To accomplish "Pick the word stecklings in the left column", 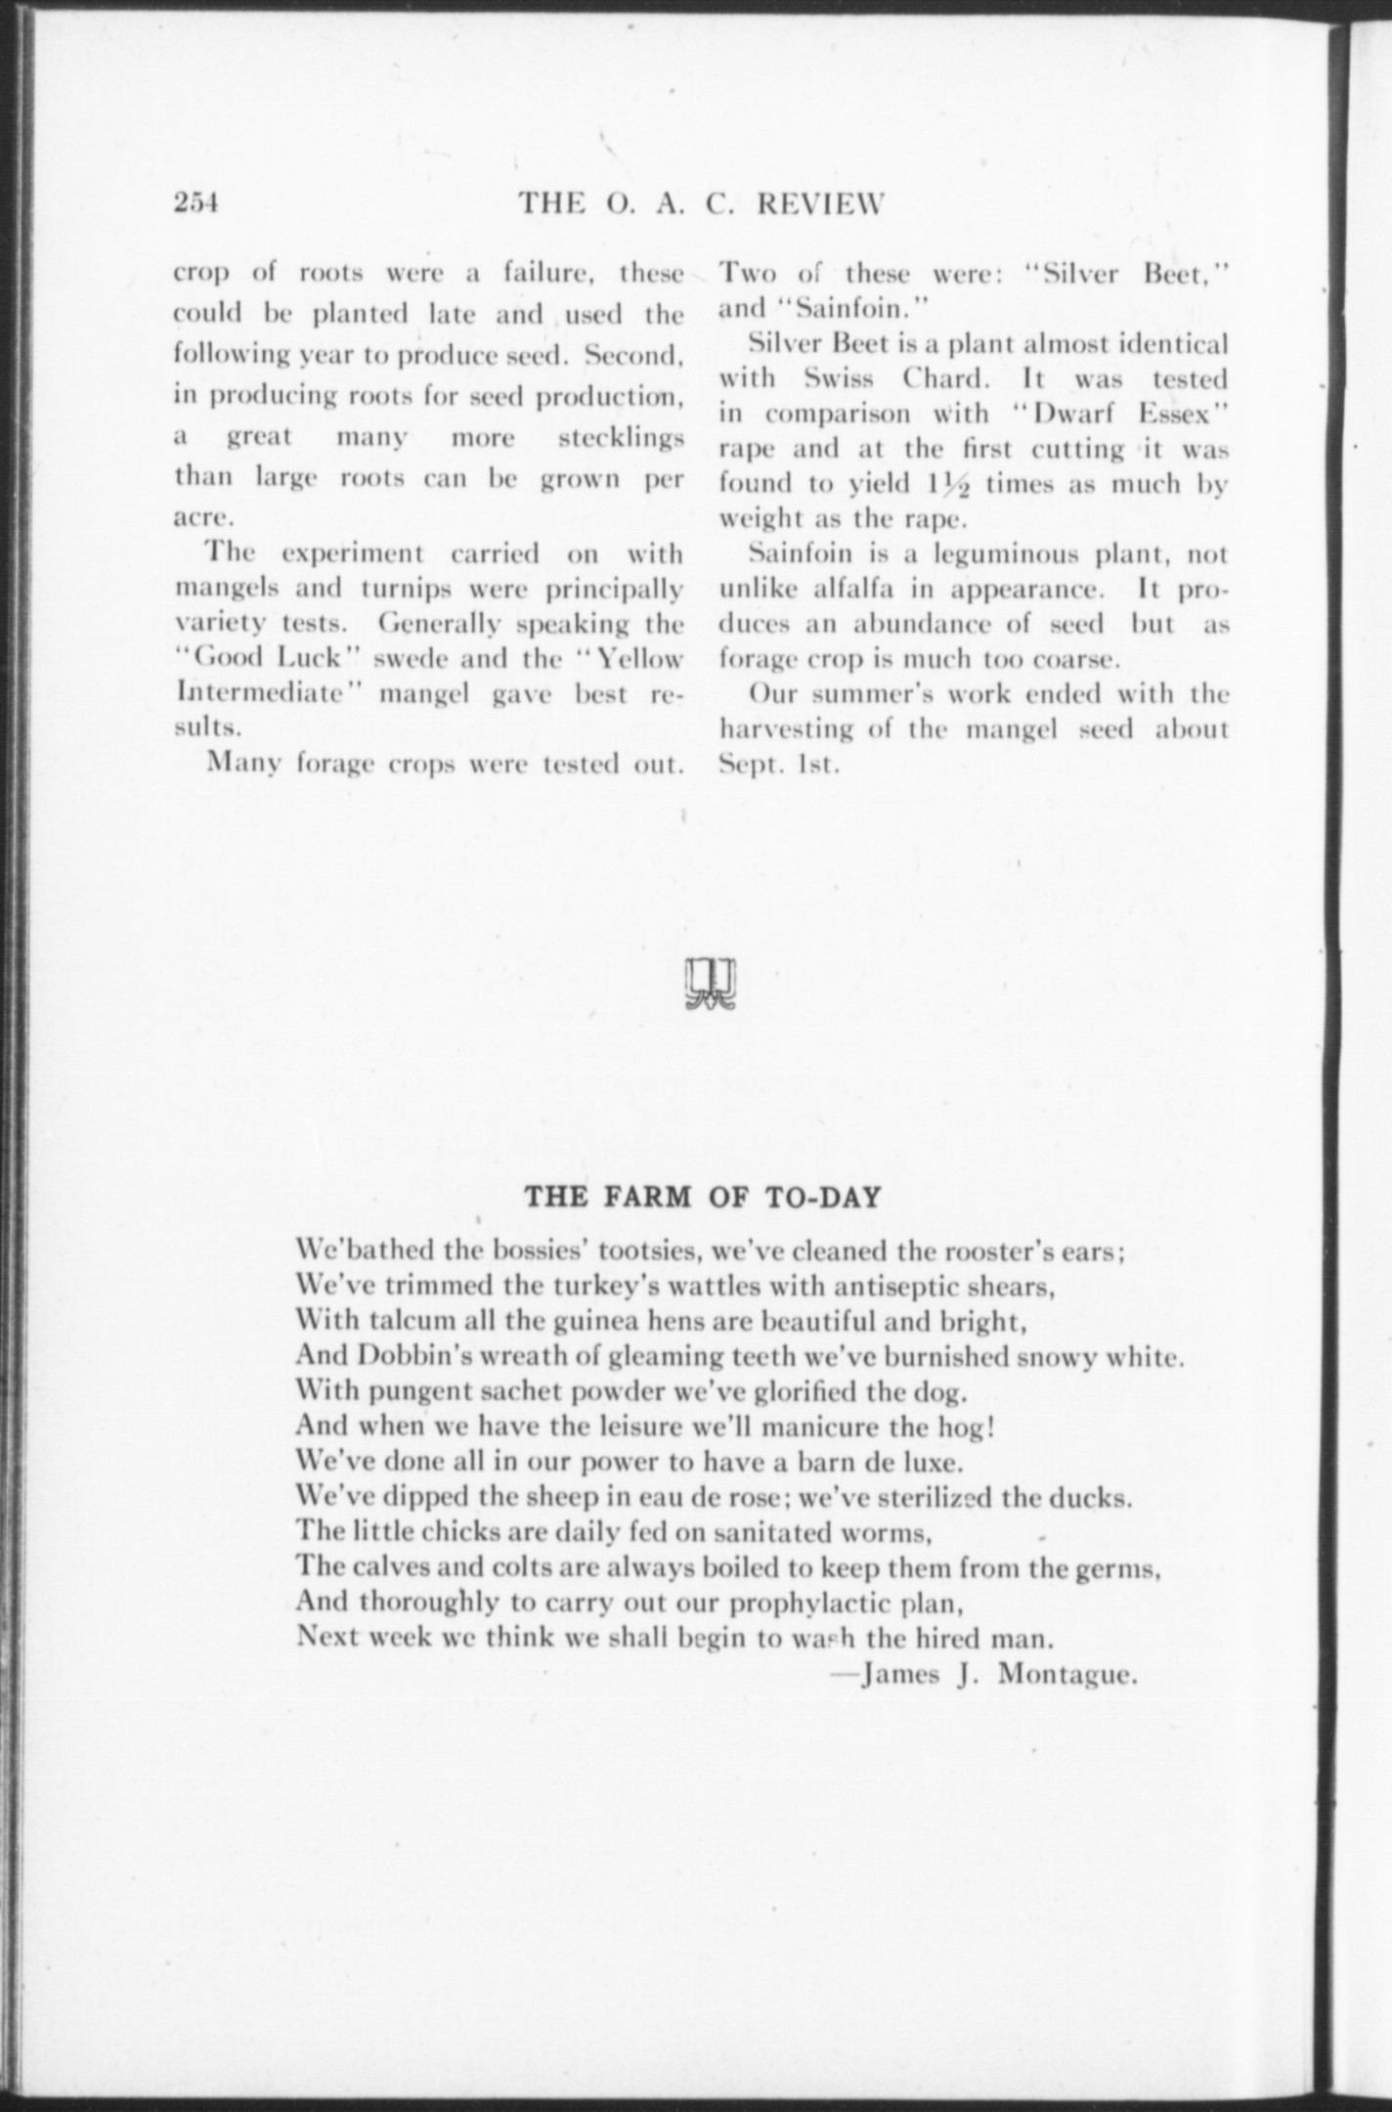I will point(620,438).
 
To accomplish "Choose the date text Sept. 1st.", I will point(779,765).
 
